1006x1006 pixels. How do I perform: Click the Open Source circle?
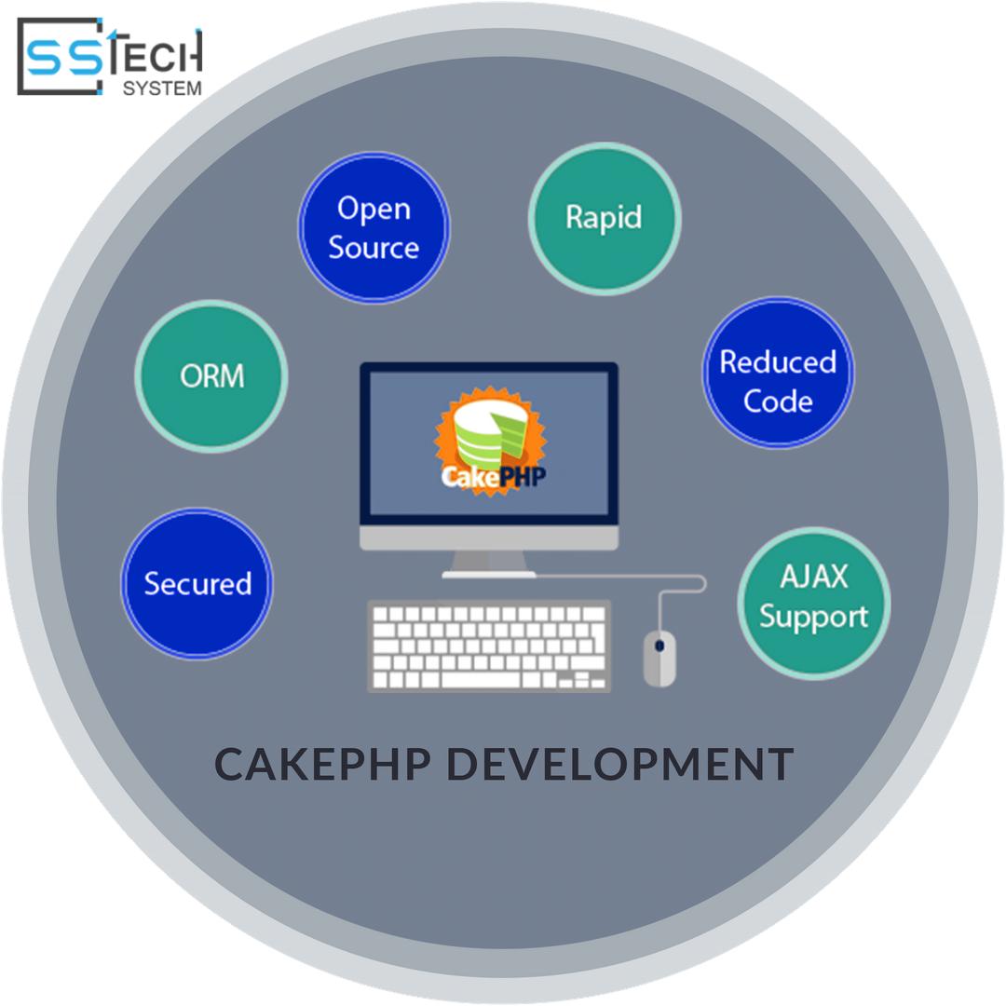coord(374,227)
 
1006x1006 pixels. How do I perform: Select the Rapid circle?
coord(605,218)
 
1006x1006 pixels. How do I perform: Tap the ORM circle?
coord(211,375)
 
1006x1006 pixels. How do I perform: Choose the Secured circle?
coord(197,584)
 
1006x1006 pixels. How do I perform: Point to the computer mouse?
coord(659,657)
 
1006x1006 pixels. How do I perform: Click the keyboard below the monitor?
coord(489,646)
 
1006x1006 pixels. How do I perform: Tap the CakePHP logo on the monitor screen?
coord(490,442)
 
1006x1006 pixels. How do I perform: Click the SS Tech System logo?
coord(110,58)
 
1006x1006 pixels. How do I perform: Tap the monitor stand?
coord(489,563)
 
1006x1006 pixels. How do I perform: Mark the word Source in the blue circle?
coord(374,248)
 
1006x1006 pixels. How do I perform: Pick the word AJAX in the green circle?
coord(813,578)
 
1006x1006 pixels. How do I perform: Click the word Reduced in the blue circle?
coord(778,361)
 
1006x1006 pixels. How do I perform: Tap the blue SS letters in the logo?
coord(65,58)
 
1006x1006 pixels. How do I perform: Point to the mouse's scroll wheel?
coord(659,645)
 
